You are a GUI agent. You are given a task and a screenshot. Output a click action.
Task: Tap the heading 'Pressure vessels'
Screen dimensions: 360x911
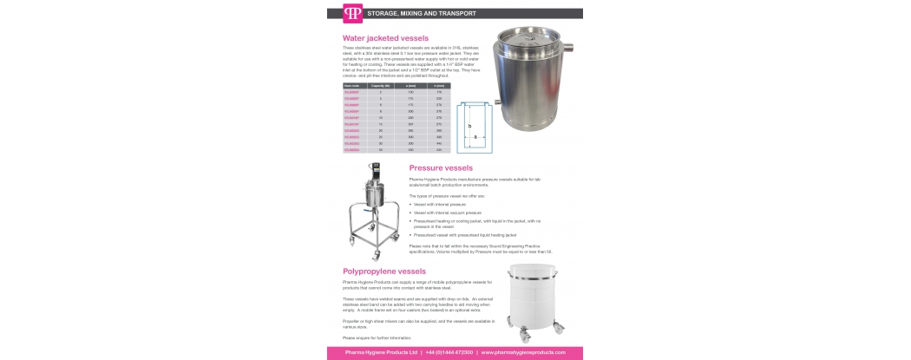[442, 167]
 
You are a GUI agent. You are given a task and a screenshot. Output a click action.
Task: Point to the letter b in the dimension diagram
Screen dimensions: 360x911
[469, 126]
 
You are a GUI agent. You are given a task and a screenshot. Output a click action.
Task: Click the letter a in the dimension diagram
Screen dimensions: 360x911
[475, 136]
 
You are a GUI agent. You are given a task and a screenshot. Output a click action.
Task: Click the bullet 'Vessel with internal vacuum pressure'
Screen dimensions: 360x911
[448, 212]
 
